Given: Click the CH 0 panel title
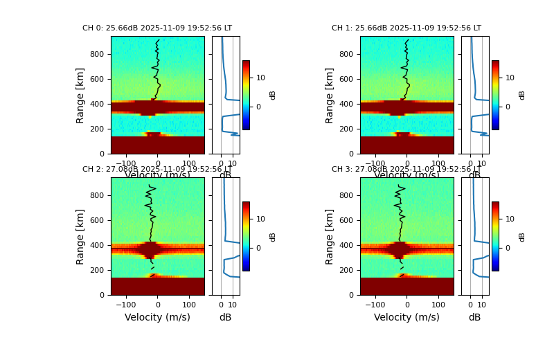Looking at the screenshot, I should (157, 28).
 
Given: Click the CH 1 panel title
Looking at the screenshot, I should (406, 28).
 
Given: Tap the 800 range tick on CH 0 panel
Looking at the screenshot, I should (96, 54).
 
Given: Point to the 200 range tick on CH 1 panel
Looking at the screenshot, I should (346, 129).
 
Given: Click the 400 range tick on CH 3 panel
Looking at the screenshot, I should (346, 245).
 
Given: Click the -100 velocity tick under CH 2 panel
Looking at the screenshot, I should (126, 304).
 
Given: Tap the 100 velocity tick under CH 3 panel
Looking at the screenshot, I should (438, 304).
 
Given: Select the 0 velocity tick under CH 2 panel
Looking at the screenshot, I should (157, 304).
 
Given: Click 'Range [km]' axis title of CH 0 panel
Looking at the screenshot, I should (80, 95).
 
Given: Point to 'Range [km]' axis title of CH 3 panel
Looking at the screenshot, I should (330, 236).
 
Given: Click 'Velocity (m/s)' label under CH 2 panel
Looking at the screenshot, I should (157, 317).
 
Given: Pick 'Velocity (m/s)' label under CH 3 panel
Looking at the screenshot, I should (406, 317).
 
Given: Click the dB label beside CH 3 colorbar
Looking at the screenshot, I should (522, 236).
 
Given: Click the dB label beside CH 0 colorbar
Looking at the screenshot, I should (273, 95).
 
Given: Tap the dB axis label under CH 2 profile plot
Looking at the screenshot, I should (225, 317).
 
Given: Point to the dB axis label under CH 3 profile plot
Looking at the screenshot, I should (474, 317).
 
